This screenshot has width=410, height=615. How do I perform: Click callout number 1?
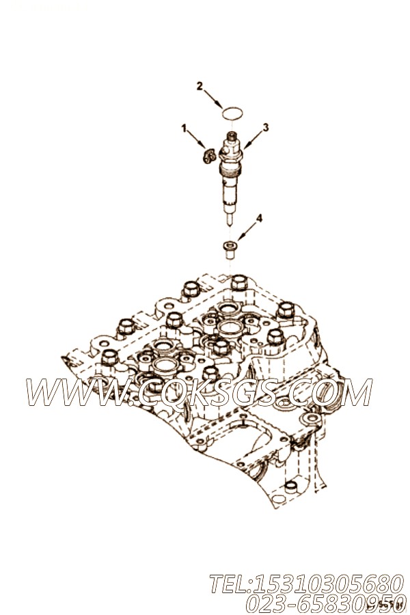pos(183,128)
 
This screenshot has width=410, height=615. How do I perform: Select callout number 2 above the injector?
pos(200,86)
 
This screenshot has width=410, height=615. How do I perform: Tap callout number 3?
pos(266,127)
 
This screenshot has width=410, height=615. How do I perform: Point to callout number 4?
pos(259,219)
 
